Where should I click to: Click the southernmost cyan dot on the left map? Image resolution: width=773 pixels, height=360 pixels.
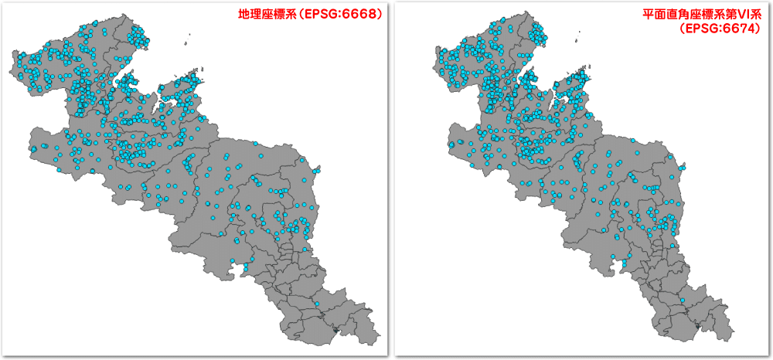(x=244, y=268)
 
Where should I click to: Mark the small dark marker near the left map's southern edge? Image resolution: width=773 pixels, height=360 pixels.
(x=334, y=331)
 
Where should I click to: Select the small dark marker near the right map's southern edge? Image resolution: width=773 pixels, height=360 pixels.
(x=700, y=327)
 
